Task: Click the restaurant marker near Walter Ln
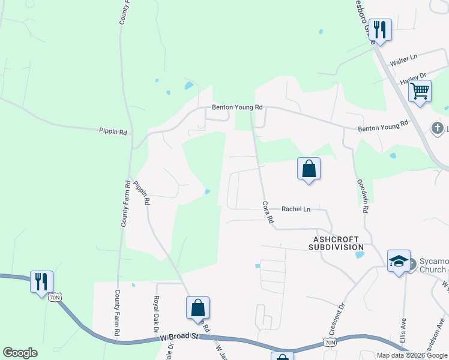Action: click(380, 29)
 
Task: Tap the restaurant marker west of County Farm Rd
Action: click(41, 281)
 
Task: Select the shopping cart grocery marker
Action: click(420, 92)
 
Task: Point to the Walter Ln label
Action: click(403, 59)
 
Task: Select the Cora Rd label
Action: click(268, 214)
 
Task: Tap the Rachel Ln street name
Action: click(296, 209)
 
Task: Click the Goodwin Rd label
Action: click(363, 196)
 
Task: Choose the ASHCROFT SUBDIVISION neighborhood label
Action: click(337, 242)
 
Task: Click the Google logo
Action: click(20, 353)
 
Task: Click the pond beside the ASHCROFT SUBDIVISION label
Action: click(360, 254)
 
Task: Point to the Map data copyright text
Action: click(412, 355)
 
